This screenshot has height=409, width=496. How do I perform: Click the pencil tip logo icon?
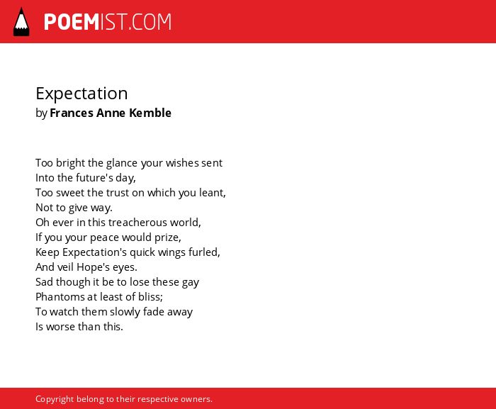pos(21,21)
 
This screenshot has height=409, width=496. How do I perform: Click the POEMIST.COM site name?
pos(108,22)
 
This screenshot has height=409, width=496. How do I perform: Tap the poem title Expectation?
pos(81,94)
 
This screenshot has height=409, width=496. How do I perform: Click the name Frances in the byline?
pos(72,113)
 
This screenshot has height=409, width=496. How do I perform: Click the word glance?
pos(121,163)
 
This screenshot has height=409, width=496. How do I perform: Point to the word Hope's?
pos(93,267)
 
